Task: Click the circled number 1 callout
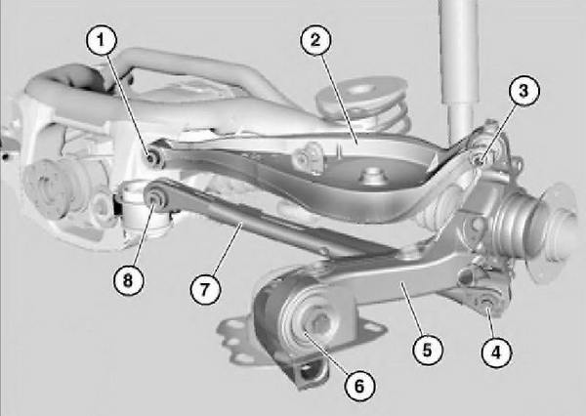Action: [101, 40]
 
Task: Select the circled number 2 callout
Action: [315, 40]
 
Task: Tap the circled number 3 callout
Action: [523, 91]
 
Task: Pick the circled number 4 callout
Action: [496, 352]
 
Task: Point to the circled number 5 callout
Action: [428, 351]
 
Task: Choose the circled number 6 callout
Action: [359, 386]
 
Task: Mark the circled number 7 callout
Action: [205, 289]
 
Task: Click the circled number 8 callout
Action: [128, 280]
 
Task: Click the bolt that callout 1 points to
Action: [152, 158]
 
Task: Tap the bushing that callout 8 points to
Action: [154, 198]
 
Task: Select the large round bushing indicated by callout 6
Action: [310, 320]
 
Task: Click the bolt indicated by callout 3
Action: [480, 160]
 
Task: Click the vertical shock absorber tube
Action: [459, 67]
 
